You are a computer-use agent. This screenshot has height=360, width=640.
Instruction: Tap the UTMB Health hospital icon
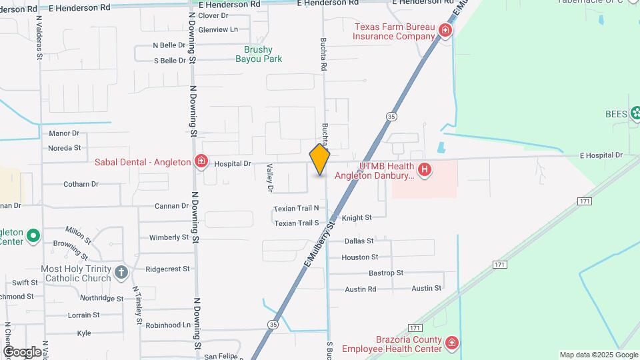pyautogui.click(x=424, y=170)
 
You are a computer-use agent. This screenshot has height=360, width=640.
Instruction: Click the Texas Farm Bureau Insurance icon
pyautogui.click(x=445, y=31)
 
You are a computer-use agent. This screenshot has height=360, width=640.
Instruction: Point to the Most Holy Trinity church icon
pyautogui.click(x=121, y=272)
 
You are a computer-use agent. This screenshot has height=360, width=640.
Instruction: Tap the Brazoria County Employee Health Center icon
pyautogui.click(x=452, y=343)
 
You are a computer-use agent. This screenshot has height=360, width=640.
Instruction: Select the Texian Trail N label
pyautogui.click(x=296, y=209)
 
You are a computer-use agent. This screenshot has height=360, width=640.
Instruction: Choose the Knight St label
pyautogui.click(x=357, y=218)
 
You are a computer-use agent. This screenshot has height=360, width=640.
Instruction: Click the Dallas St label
pyautogui.click(x=359, y=241)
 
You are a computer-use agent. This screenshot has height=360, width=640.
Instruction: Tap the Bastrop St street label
pyautogui.click(x=386, y=273)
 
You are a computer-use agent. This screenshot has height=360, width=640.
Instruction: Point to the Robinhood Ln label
pyautogui.click(x=168, y=325)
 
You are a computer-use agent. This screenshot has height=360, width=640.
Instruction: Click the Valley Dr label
pyautogui.click(x=270, y=179)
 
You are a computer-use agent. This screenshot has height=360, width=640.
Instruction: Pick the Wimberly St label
pyautogui.click(x=169, y=237)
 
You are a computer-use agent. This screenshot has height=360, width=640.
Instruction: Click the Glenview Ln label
pyautogui.click(x=218, y=29)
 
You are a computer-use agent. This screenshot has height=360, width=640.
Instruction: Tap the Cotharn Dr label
pyautogui.click(x=81, y=184)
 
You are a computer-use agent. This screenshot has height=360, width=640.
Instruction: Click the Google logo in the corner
pyautogui.click(x=22, y=351)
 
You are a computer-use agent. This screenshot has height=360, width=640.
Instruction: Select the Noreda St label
pyautogui.click(x=65, y=148)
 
